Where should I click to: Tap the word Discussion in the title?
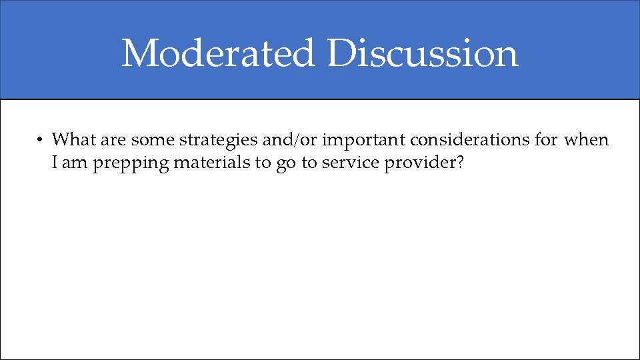(423, 53)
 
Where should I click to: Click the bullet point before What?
(41, 140)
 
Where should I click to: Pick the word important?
(364, 141)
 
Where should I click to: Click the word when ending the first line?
(586, 140)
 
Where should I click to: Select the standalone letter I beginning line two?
(55, 162)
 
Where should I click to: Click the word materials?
(204, 162)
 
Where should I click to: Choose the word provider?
(419, 163)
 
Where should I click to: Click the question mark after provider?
(459, 162)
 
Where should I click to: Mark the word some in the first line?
(153, 140)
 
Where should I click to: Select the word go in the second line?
(285, 163)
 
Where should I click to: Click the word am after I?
(75, 162)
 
